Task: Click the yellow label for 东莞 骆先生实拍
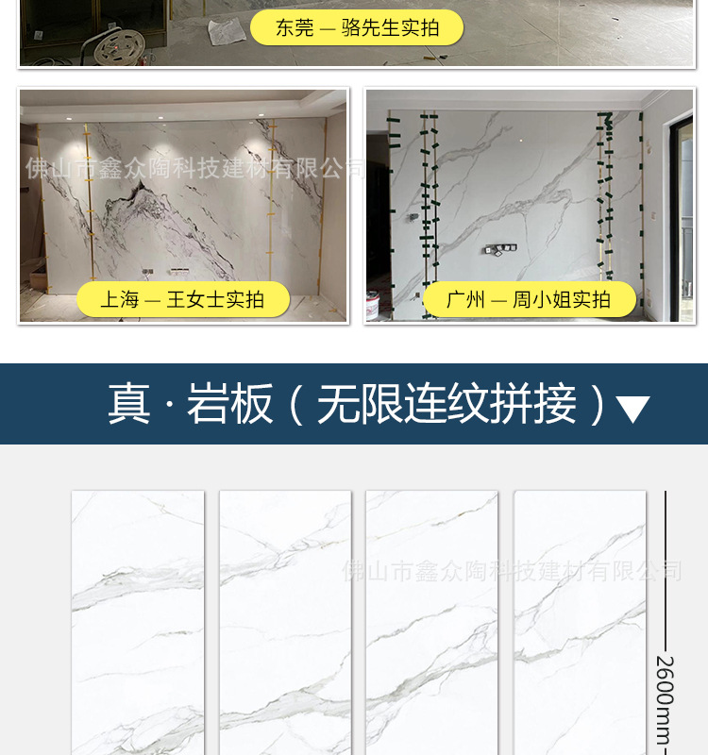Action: [x=357, y=28]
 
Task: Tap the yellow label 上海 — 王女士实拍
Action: [x=182, y=300]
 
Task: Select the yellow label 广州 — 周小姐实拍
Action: [x=529, y=300]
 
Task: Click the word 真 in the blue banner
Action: [x=128, y=404]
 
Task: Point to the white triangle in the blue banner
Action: [x=632, y=409]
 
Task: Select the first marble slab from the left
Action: [x=138, y=623]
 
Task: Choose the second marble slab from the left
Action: [x=285, y=623]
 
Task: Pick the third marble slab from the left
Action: [x=431, y=623]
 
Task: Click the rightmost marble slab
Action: [x=580, y=623]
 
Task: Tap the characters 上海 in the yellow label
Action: [x=119, y=300]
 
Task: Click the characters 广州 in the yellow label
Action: [x=465, y=300]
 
